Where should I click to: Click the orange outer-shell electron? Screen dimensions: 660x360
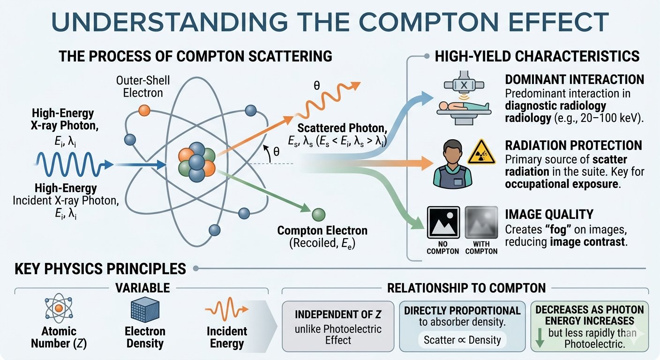point(144,111)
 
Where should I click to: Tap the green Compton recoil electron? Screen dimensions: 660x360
point(318,215)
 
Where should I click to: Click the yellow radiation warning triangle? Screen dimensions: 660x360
point(481,152)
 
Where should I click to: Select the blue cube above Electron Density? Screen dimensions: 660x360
point(145,309)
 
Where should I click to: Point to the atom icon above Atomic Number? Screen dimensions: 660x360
point(59,308)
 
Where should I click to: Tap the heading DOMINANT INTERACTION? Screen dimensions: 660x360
point(575,80)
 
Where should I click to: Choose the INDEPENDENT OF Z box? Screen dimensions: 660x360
point(338,326)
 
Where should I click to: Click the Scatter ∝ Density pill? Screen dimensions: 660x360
point(462,340)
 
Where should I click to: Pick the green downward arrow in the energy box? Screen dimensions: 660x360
point(540,338)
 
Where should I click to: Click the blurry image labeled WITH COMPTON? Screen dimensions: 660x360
point(481,223)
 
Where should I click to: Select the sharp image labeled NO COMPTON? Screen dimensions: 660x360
point(443,223)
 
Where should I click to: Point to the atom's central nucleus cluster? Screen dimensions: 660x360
point(197,162)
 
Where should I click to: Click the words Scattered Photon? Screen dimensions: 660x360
point(342,128)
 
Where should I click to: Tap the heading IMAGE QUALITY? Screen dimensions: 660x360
point(549,214)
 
